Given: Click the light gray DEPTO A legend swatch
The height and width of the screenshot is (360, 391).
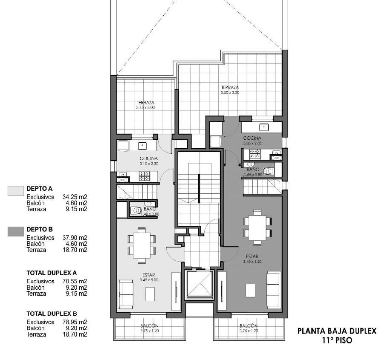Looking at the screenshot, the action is click(x=16, y=190).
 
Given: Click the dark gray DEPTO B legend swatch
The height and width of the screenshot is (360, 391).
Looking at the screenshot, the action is click(x=16, y=231).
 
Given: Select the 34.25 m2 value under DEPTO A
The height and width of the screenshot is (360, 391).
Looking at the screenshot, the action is click(x=75, y=197).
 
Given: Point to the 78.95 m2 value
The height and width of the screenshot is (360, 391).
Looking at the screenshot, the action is click(x=75, y=322).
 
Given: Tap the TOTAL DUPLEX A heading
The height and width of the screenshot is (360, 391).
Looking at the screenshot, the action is click(x=52, y=273).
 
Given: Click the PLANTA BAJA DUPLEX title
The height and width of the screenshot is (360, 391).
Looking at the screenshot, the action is click(x=337, y=331).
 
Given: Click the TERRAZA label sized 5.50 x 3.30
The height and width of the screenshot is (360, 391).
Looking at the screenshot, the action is click(x=230, y=87).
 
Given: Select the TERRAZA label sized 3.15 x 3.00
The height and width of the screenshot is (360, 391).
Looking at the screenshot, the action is click(x=145, y=102).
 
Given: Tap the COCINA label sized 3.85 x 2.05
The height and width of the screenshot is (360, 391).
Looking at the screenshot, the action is click(x=252, y=138).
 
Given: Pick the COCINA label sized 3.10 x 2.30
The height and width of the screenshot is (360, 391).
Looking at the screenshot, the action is click(x=149, y=158).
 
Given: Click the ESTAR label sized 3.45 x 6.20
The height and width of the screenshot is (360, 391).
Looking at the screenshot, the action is click(x=252, y=256).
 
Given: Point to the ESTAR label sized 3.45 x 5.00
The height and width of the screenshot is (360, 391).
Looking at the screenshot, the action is click(x=149, y=275).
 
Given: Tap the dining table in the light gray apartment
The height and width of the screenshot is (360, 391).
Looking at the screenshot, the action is click(x=142, y=245).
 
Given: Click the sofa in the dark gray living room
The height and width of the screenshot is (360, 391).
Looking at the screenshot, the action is click(x=274, y=289).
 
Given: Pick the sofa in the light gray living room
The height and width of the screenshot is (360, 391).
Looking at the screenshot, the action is click(x=125, y=294).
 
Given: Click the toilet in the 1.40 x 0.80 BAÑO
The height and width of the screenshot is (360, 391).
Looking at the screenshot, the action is click(x=136, y=211).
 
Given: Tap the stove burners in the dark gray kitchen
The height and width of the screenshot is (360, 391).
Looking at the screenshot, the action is click(x=255, y=154).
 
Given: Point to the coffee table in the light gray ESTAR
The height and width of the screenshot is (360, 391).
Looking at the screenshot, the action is click(x=150, y=294).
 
